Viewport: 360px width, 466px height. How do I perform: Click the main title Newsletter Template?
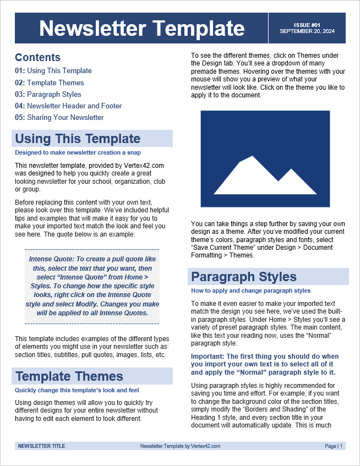[x=142, y=28]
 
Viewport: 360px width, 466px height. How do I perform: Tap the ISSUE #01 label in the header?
[x=307, y=25]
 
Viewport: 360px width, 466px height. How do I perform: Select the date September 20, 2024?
[x=307, y=31]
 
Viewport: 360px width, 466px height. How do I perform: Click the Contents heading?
[x=37, y=57]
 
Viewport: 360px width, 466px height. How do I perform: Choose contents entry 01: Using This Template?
[x=53, y=70]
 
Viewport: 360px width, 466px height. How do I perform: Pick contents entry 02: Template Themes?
[x=50, y=83]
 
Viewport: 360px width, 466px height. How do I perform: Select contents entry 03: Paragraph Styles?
[x=48, y=94]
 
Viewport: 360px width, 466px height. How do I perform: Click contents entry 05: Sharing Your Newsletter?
[x=59, y=117]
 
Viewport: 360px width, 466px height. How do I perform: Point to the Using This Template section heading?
[x=78, y=139]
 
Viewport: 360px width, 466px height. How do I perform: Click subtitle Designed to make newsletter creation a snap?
[x=78, y=152]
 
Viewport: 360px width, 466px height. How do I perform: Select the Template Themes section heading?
[x=69, y=376]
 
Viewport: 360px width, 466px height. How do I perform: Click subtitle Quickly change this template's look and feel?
[x=77, y=390]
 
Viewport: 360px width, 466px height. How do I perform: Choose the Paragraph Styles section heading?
[x=244, y=277]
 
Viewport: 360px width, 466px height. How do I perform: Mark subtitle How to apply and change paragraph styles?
[x=250, y=290]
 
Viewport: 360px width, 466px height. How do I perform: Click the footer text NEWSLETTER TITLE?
[x=41, y=446]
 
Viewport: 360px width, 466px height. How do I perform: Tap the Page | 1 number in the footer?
[x=334, y=446]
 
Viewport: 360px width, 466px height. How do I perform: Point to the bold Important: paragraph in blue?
[x=265, y=364]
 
